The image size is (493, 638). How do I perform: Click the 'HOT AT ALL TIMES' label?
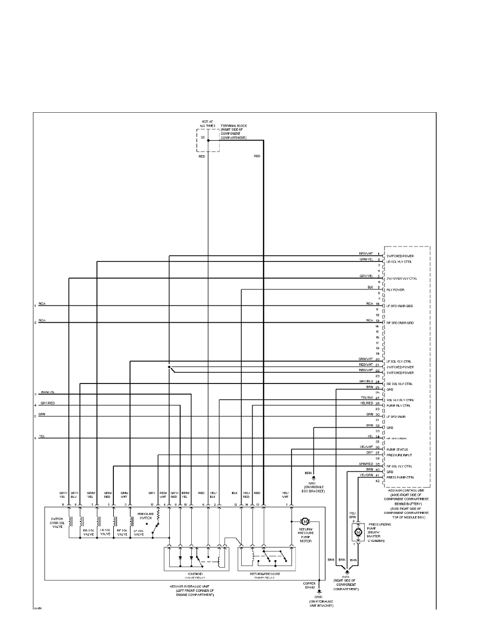coord(207,124)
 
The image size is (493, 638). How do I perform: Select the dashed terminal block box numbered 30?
coord(208,140)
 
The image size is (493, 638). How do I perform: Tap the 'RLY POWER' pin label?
coord(395,289)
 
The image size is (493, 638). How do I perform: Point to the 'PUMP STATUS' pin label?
coord(397,449)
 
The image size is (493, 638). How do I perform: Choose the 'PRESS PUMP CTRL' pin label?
coord(401,477)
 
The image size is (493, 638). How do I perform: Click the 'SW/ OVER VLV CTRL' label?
coord(401,279)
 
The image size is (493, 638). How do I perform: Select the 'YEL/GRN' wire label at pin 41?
coord(366,475)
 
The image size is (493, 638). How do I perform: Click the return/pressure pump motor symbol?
coord(305,521)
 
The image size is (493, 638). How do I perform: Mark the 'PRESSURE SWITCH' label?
coord(146,516)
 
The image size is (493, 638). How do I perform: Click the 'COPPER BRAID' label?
coord(309,584)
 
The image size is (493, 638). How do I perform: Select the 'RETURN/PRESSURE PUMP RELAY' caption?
coord(265,576)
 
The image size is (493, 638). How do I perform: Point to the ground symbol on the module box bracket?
coord(315,477)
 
